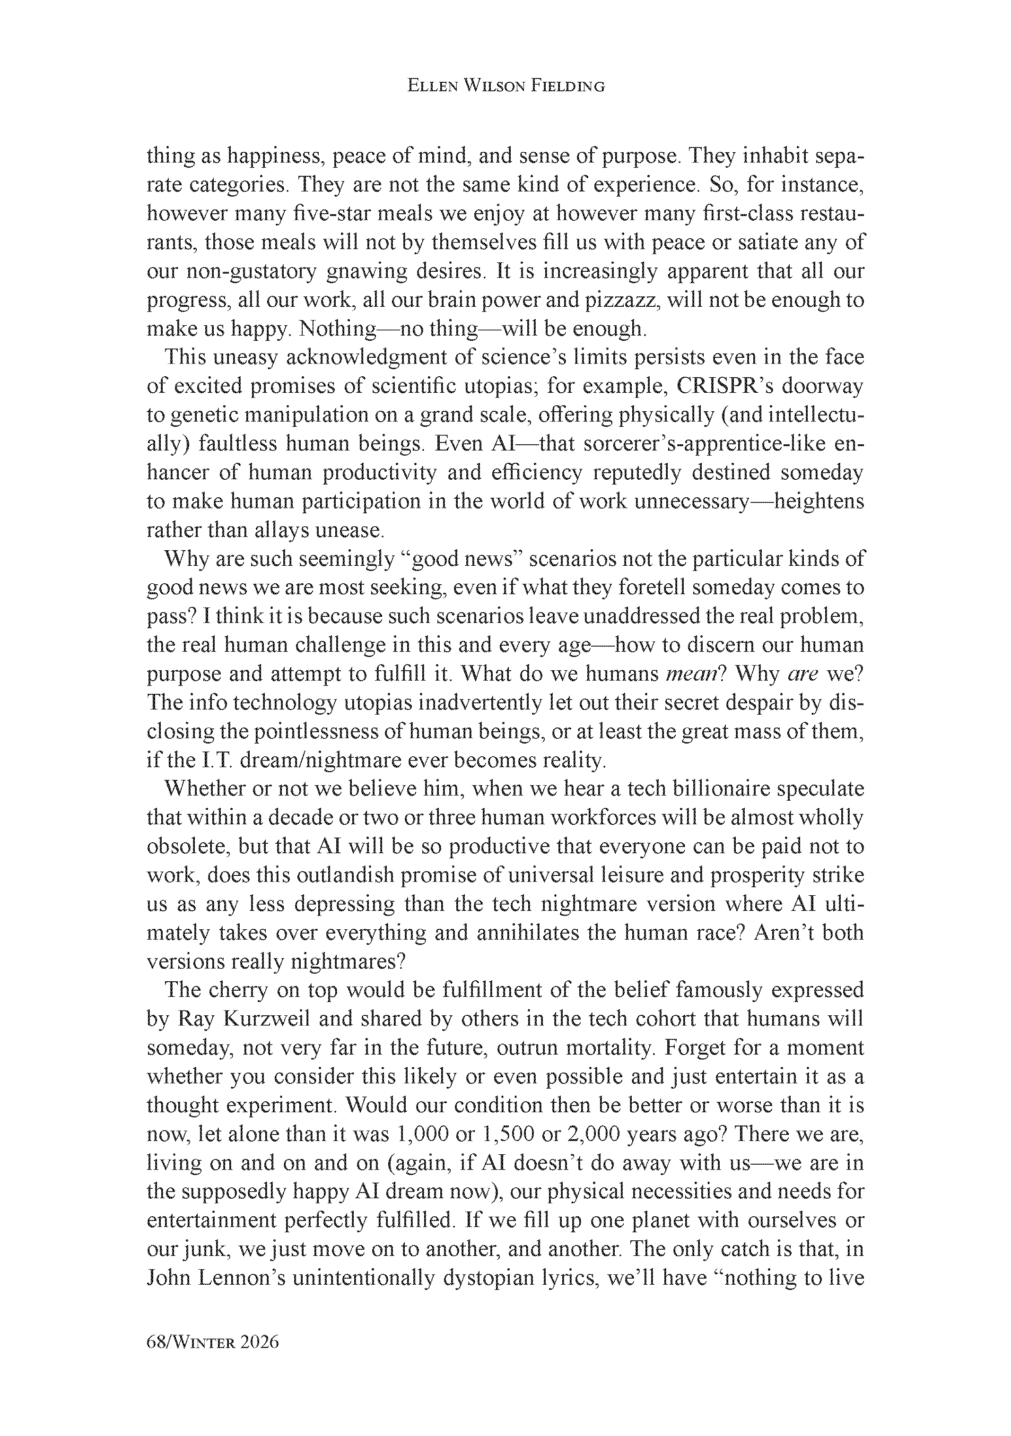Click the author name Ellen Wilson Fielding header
[x=505, y=87]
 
